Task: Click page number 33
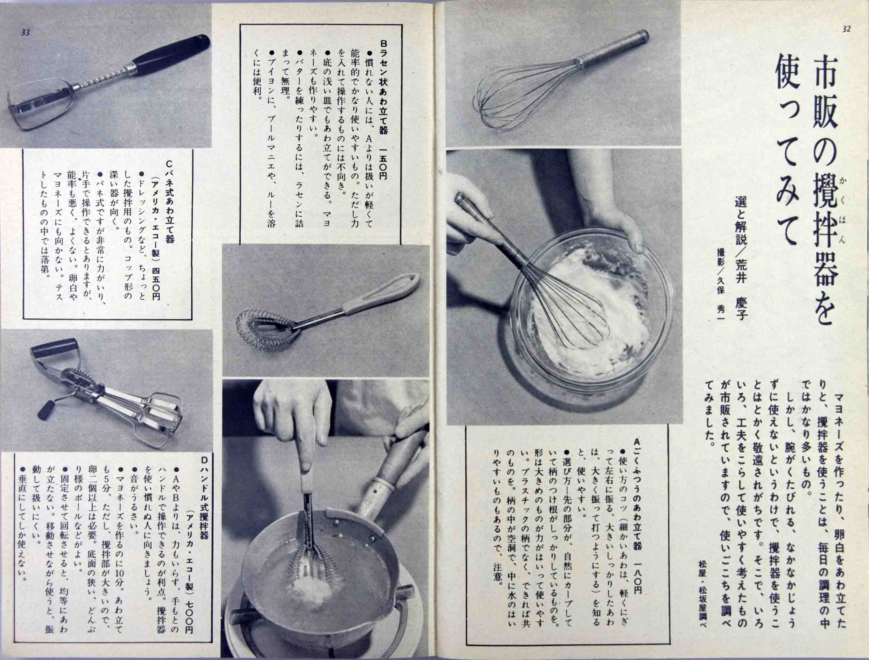[25, 33]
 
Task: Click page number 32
[846, 29]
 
